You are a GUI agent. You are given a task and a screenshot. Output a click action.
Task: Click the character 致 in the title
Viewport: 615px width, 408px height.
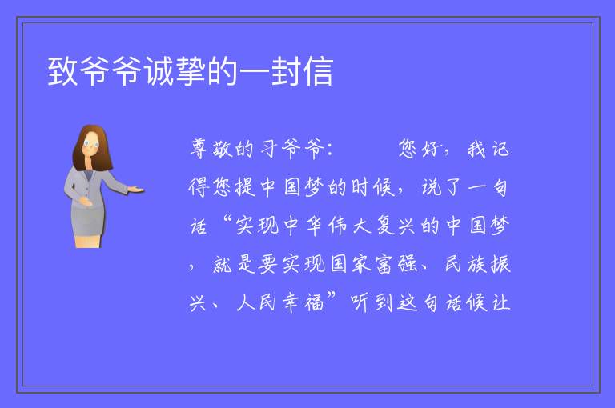62,71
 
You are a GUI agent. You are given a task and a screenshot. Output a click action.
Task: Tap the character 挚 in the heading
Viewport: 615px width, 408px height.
191,71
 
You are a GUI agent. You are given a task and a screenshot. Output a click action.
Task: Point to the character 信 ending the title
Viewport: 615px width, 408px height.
319,71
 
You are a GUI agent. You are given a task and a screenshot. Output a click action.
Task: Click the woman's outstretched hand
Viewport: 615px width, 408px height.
135,190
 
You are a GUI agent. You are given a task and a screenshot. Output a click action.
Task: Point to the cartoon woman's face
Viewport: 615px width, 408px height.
90,144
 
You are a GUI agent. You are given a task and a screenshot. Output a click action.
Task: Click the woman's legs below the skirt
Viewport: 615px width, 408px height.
88,241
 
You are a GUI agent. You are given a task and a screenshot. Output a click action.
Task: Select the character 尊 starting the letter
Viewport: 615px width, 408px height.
199,149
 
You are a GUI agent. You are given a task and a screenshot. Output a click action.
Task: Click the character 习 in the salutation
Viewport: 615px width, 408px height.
269,149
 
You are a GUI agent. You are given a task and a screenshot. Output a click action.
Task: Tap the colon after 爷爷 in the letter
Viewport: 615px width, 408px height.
328,150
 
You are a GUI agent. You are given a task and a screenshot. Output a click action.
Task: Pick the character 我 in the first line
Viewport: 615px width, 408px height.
476,150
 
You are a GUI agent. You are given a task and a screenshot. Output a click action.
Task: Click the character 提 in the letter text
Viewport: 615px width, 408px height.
246,187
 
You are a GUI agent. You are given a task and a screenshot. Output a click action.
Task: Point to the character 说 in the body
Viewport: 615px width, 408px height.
432,187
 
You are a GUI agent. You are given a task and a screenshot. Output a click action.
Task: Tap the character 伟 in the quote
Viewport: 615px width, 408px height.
338,226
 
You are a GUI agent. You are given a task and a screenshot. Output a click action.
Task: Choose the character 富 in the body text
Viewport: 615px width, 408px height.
384,264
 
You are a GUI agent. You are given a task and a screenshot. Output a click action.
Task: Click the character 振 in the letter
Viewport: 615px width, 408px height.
500,263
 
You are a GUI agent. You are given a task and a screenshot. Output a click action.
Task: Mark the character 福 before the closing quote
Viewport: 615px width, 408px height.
315,302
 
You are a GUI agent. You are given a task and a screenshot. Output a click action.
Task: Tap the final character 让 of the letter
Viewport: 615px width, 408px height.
500,302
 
